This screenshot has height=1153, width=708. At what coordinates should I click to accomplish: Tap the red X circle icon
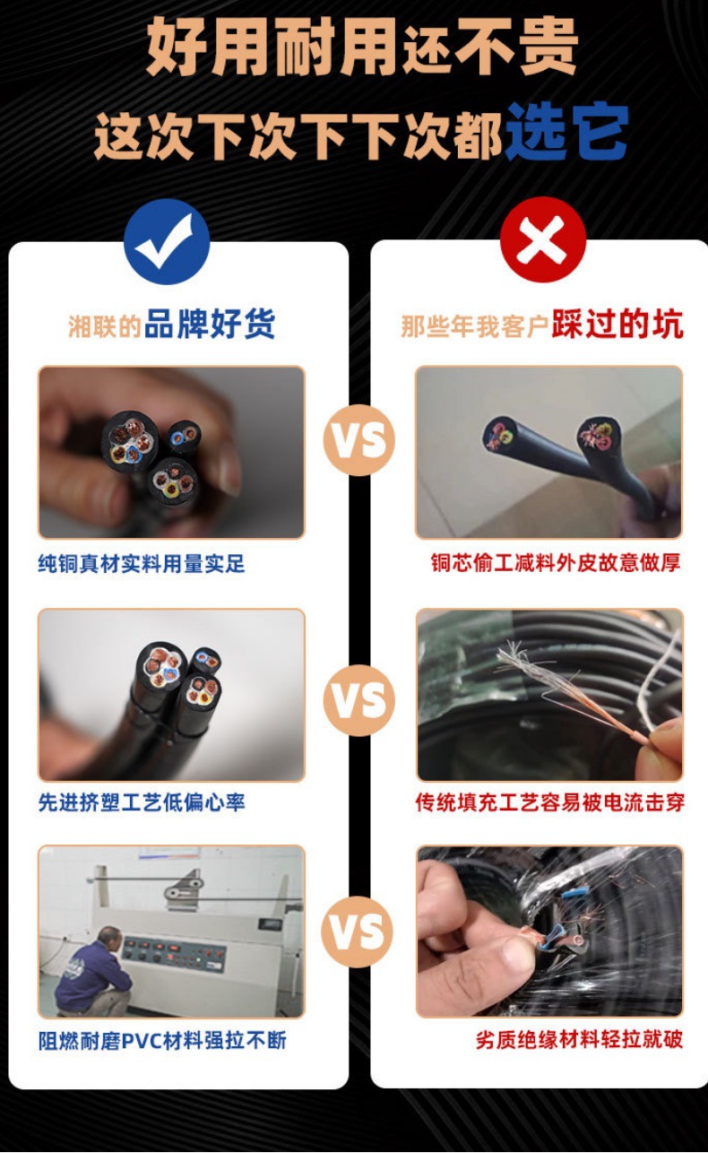tap(542, 240)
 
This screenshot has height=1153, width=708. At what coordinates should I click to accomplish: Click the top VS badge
tap(358, 439)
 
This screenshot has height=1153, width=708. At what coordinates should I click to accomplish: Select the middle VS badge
tap(358, 700)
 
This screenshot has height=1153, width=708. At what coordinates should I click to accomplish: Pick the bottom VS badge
tap(358, 932)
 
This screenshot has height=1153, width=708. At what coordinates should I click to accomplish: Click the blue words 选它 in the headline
tap(566, 132)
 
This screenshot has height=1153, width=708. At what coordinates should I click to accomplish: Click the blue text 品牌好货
tap(210, 325)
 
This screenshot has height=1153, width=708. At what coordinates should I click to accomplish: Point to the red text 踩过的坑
tap(617, 325)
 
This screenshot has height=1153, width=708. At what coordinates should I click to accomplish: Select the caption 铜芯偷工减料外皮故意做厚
tap(556, 563)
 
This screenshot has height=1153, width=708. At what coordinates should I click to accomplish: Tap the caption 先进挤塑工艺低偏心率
tap(141, 802)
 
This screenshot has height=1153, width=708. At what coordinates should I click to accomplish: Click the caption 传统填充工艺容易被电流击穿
tap(549, 802)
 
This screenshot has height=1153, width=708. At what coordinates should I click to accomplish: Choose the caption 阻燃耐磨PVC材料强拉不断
tap(162, 1041)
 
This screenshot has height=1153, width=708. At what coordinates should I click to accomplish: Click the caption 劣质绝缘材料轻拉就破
tap(579, 1041)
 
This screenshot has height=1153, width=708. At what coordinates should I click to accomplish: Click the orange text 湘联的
tap(105, 326)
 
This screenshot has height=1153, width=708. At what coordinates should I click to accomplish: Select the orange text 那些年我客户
tap(474, 326)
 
